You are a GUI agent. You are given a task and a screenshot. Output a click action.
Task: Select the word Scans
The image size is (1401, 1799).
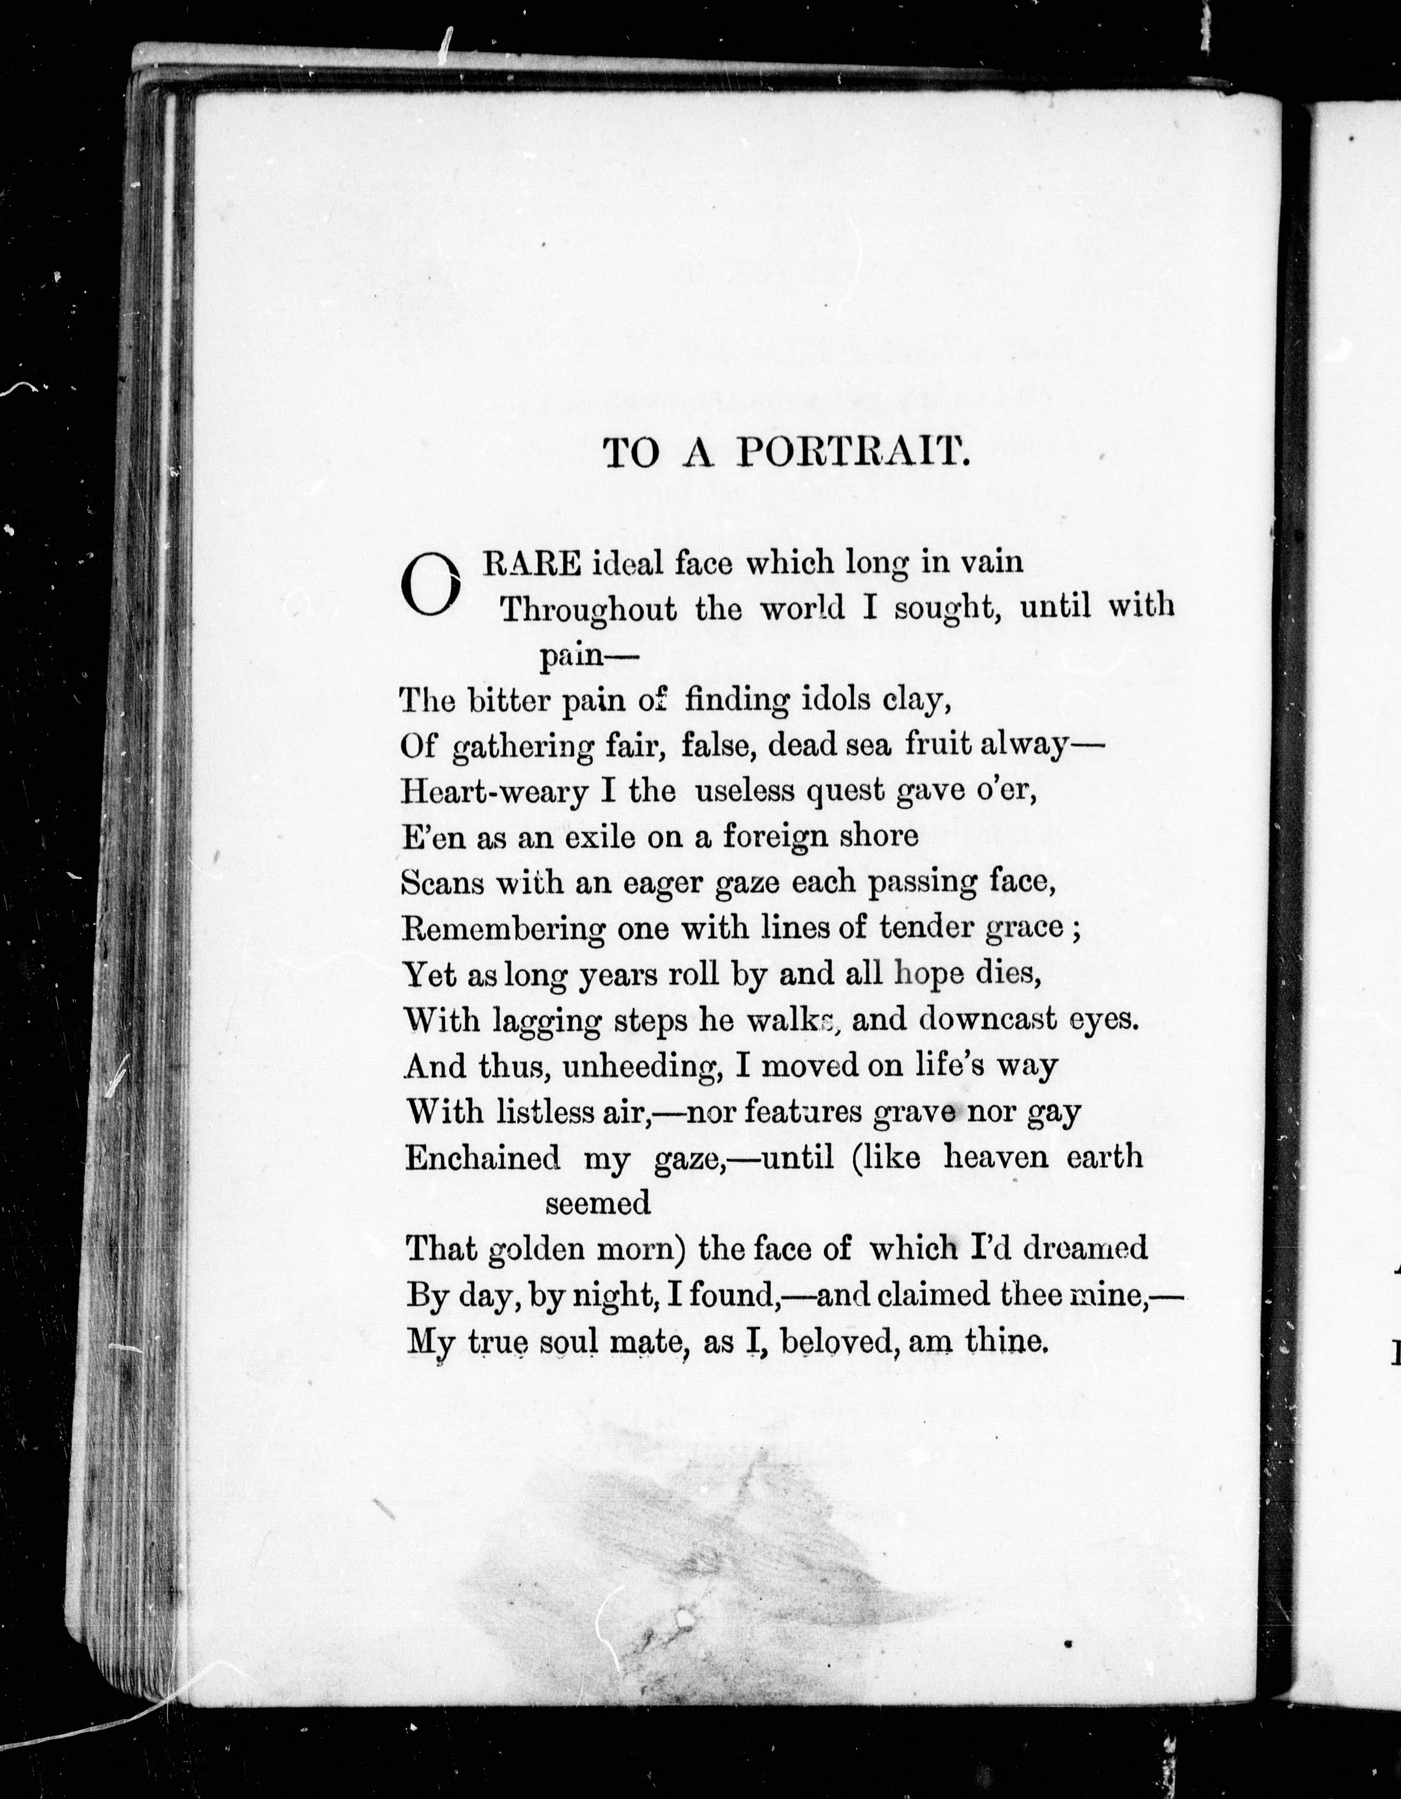(443, 882)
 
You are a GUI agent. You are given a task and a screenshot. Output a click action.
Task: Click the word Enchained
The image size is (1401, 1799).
(482, 1158)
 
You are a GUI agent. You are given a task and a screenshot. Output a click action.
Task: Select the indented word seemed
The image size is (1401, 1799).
(598, 1203)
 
